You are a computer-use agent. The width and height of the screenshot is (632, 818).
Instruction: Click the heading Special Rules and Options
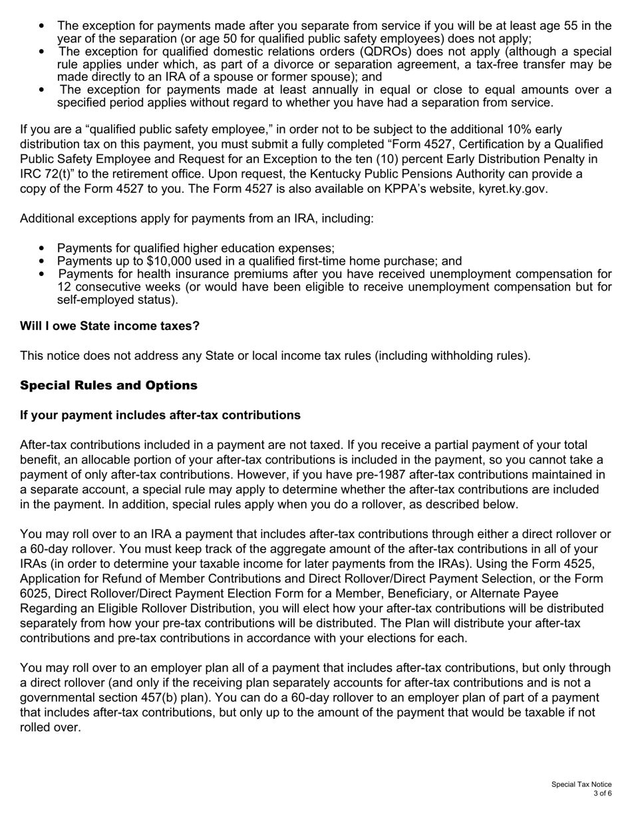108,386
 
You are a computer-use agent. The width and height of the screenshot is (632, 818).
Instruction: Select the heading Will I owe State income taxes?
110,326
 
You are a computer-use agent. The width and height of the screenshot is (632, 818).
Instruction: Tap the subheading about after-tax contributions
160,415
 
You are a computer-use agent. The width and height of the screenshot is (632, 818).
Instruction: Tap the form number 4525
577,564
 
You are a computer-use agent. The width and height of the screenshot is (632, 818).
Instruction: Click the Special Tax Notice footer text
581,785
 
